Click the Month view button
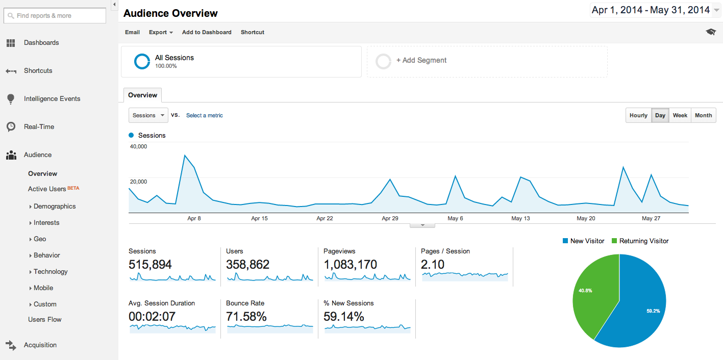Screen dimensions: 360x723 (703, 115)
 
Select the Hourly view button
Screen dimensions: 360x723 (638, 115)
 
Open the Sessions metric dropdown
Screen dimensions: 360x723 (148, 115)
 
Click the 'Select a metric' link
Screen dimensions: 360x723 (204, 115)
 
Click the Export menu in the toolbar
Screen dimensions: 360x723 (161, 32)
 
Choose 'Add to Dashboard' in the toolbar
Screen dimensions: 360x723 (207, 32)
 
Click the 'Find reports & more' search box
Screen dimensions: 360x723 (55, 16)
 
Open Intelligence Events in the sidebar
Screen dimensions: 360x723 (52, 98)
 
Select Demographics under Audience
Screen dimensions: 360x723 (55, 206)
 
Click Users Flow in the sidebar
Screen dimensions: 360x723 (45, 319)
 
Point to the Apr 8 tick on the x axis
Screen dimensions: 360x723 (194, 218)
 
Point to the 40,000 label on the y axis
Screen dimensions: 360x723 (139, 146)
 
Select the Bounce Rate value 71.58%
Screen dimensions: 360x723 (246, 317)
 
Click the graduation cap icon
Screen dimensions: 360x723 (711, 32)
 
